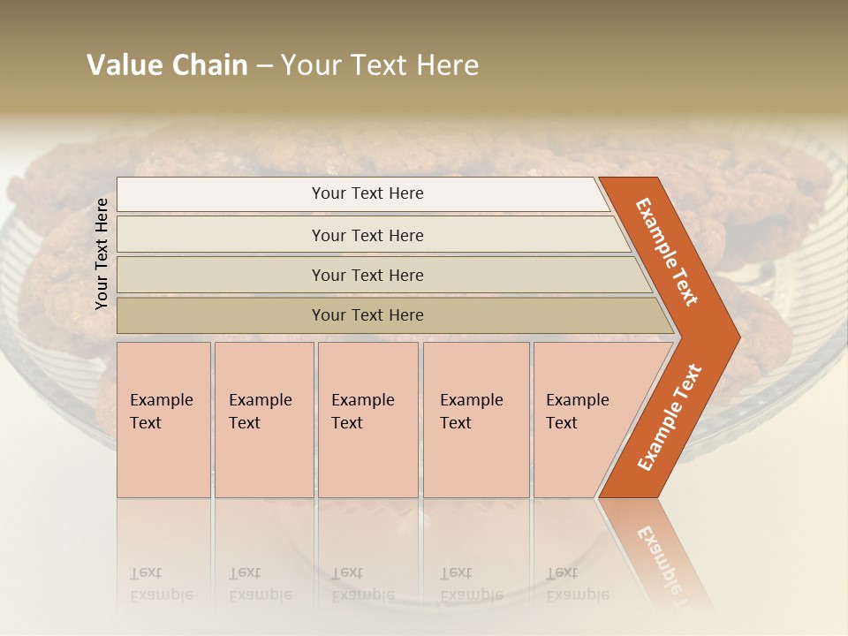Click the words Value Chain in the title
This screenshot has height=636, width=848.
pos(167,65)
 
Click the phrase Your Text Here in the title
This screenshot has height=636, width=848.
pos(380,65)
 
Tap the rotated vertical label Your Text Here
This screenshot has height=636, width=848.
pos(102,254)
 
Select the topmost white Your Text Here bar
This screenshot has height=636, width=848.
pos(367,193)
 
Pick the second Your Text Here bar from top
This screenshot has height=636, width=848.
pos(367,235)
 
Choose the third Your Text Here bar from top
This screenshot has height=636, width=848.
pos(367,275)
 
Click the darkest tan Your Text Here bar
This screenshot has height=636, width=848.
pos(367,315)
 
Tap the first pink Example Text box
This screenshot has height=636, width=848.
pos(163,420)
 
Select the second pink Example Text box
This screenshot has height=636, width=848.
pos(264,420)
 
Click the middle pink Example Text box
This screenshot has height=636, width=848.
pos(367,420)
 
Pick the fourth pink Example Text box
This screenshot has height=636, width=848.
pos(476,420)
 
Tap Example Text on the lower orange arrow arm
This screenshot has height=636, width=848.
pos(670,417)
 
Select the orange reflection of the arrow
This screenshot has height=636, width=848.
pos(658,552)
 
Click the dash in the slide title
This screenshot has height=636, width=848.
pos(264,66)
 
